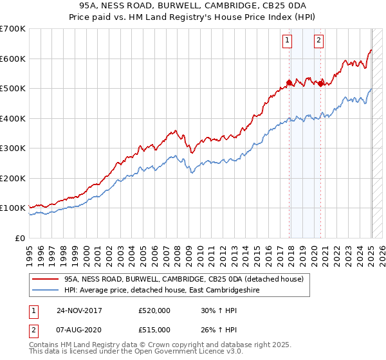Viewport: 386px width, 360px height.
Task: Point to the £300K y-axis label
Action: (x=13, y=148)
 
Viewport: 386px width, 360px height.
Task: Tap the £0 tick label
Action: (x=21, y=238)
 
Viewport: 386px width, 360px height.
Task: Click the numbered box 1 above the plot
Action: (x=286, y=41)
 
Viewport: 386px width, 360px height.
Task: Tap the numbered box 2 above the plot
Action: (x=318, y=41)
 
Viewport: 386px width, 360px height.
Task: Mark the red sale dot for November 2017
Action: (x=289, y=82)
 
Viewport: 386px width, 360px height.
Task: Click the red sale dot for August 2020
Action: (x=320, y=83)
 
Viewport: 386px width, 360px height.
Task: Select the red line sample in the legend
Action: (x=45, y=279)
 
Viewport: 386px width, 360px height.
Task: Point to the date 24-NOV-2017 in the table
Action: (x=79, y=310)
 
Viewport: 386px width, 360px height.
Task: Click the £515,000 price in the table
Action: (x=154, y=330)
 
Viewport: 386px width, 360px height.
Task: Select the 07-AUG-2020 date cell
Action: (x=79, y=330)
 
